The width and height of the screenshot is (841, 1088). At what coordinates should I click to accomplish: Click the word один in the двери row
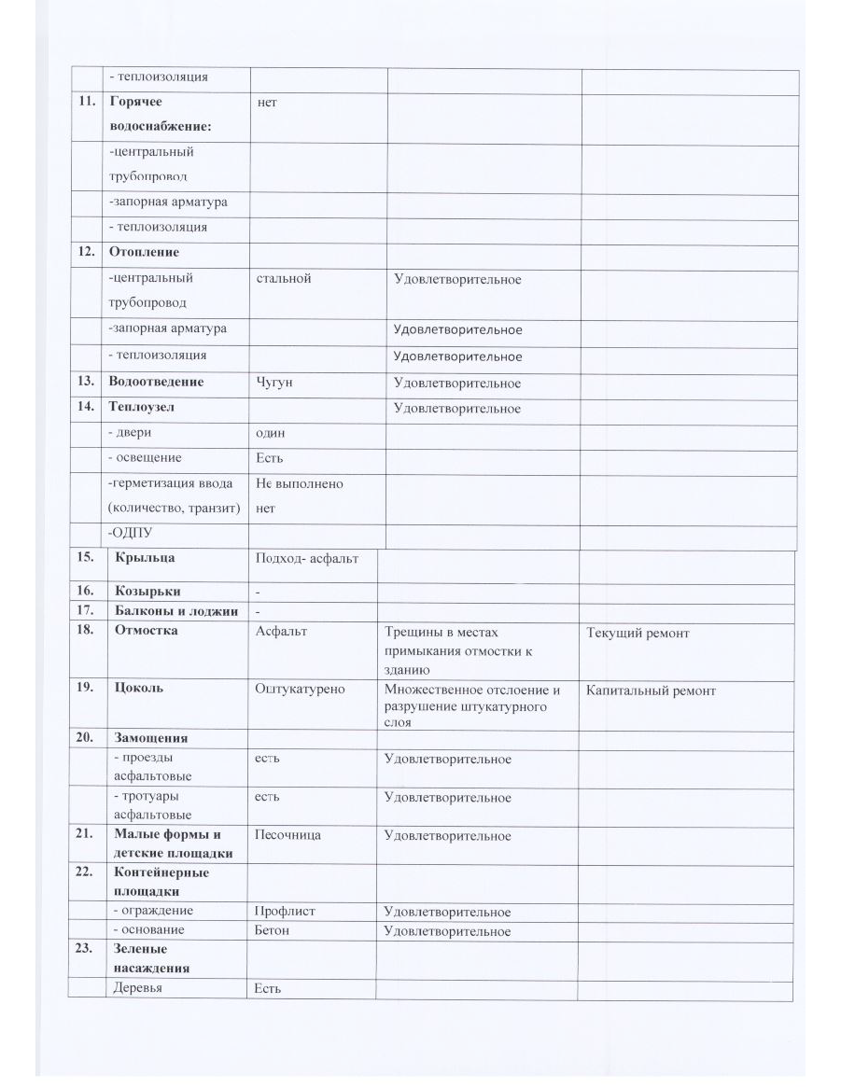point(272,433)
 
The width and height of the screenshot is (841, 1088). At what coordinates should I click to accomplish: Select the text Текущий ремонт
point(638,634)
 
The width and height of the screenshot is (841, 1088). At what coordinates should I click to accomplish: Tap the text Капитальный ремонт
point(651,691)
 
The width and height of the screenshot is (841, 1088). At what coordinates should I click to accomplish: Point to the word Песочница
point(287,835)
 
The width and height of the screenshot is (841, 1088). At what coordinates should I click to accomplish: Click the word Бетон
point(273,930)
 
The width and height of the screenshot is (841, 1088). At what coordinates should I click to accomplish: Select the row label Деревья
point(137,989)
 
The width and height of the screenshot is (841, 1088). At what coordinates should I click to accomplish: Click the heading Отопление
point(144,252)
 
